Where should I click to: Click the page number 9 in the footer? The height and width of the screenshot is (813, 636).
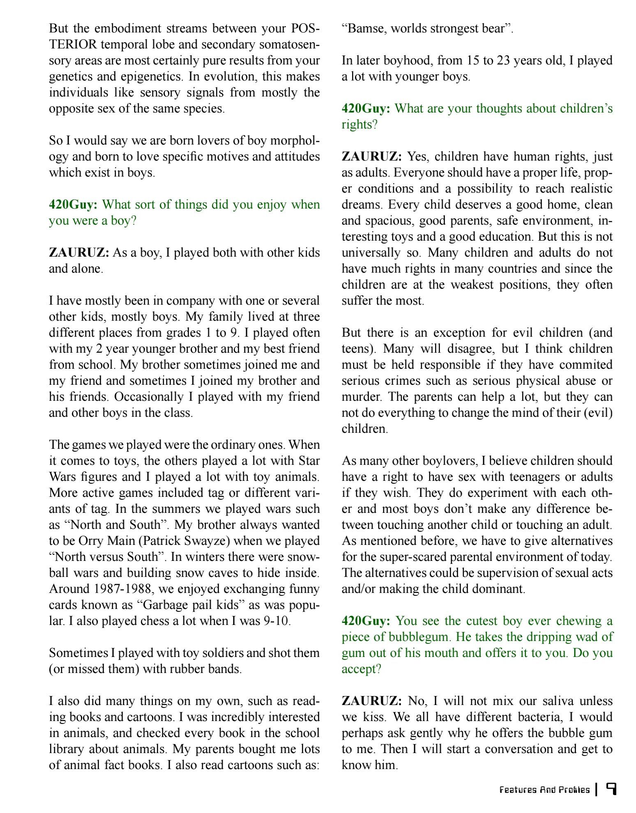tap(611, 789)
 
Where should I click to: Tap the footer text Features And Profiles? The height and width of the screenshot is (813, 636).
tap(544, 790)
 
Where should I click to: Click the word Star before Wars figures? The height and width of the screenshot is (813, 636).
tap(309, 461)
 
